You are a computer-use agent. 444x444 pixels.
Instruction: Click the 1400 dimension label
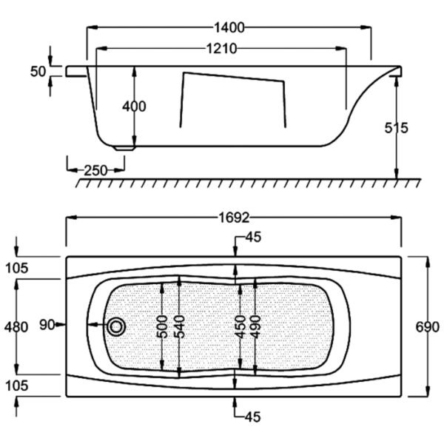pyautogui.click(x=229, y=28)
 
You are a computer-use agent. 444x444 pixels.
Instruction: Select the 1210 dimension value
pyautogui.click(x=221, y=49)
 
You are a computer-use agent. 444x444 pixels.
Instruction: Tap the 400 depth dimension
pyautogui.click(x=134, y=107)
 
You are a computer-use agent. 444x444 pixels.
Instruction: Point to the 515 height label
pyautogui.click(x=396, y=128)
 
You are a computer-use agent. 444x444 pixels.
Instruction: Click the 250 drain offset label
pyautogui.click(x=96, y=170)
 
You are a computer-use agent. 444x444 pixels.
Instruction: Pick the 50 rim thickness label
pyautogui.click(x=38, y=72)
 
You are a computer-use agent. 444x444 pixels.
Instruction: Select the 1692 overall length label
pyautogui.click(x=234, y=218)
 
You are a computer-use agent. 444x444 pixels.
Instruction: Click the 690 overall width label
pyautogui.click(x=427, y=327)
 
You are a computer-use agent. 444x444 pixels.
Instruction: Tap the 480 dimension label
pyautogui.click(x=16, y=327)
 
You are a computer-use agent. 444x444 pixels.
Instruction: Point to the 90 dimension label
pyautogui.click(x=47, y=325)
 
